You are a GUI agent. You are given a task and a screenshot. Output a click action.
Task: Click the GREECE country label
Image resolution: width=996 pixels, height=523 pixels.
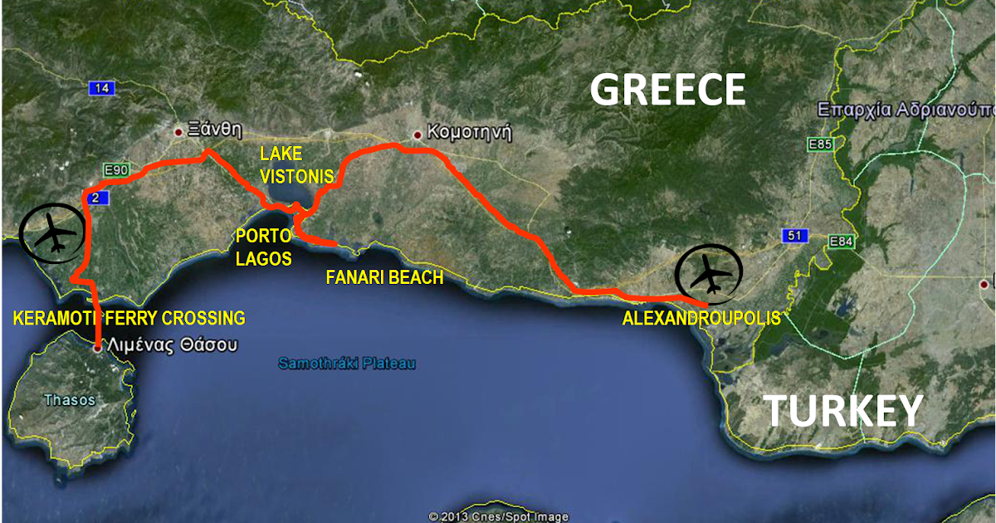(668, 90)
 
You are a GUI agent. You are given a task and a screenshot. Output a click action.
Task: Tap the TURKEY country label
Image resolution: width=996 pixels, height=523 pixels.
(842, 411)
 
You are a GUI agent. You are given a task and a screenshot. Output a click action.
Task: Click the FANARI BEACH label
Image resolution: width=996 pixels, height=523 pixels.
(384, 277)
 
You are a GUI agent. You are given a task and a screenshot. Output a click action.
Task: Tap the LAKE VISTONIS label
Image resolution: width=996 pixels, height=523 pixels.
(296, 164)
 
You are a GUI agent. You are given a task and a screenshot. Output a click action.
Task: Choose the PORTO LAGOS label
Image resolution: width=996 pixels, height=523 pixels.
(263, 247)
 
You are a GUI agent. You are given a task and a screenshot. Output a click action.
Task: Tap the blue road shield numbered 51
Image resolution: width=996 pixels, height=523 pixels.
(793, 237)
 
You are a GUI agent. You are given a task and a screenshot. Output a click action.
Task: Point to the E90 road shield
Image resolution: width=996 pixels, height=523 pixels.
(116, 170)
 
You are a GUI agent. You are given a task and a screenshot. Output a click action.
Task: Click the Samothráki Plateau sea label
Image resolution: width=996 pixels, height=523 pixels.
(346, 364)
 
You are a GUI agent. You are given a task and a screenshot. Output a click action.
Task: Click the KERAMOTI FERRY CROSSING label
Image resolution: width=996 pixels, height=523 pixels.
(129, 317)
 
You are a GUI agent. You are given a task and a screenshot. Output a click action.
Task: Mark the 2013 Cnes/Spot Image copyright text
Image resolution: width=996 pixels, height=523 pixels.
(498, 516)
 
